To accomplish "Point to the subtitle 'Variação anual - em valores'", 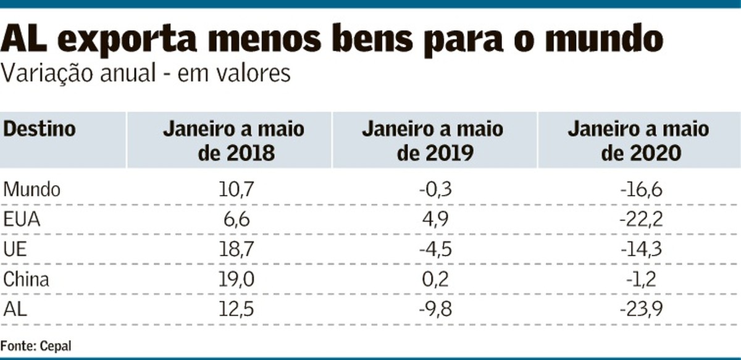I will tap(146, 74).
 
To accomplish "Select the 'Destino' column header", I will tap(40, 130).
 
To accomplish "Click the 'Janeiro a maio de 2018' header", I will tap(233, 141).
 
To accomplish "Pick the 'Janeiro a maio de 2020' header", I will tap(638, 141).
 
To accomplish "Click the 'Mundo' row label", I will tap(32, 190).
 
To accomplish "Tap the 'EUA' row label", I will tap(22, 219).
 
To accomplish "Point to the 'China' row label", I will tap(27, 279).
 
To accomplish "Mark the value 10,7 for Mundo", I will tap(237, 190).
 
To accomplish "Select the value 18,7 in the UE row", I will tap(237, 249).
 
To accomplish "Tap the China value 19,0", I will tap(237, 279).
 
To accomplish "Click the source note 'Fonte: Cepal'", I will tap(36, 346).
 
